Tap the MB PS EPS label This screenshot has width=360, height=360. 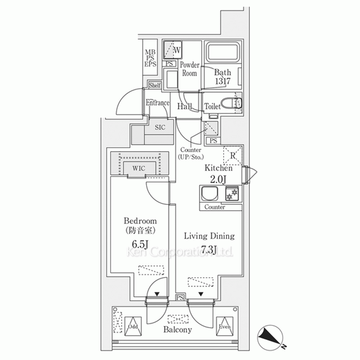coord(150,59)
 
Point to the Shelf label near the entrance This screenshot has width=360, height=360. coord(155,86)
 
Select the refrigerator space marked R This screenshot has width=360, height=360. coord(233,155)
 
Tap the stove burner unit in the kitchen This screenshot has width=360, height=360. coord(231,195)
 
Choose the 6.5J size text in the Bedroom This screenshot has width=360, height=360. coord(140,244)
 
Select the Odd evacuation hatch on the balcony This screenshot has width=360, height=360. coord(133,326)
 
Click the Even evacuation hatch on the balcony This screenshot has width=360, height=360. coord(224,326)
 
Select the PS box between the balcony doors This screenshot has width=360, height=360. coord(180,297)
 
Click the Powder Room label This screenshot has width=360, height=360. coord(189,69)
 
